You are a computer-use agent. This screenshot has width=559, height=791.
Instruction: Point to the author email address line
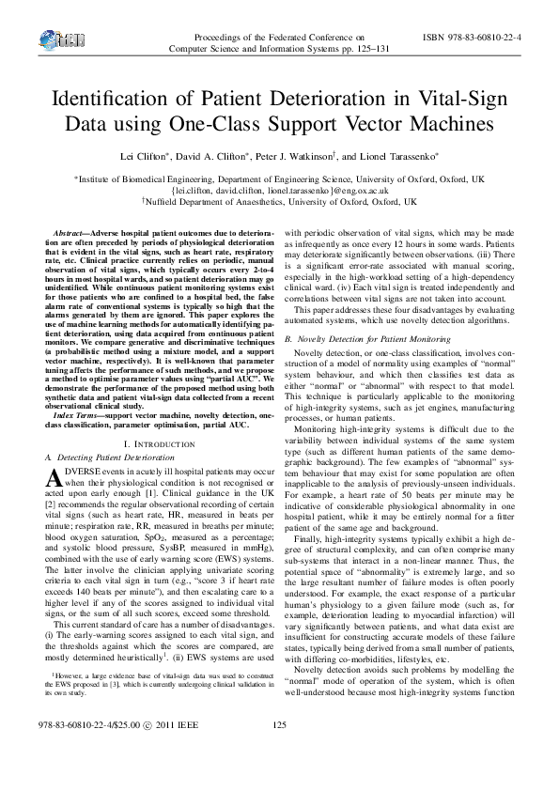pyautogui.click(x=280, y=189)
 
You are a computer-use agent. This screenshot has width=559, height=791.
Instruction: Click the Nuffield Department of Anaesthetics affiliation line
pyautogui.click(x=280, y=201)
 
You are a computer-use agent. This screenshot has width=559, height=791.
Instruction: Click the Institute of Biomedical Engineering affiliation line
pyautogui.click(x=280, y=178)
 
